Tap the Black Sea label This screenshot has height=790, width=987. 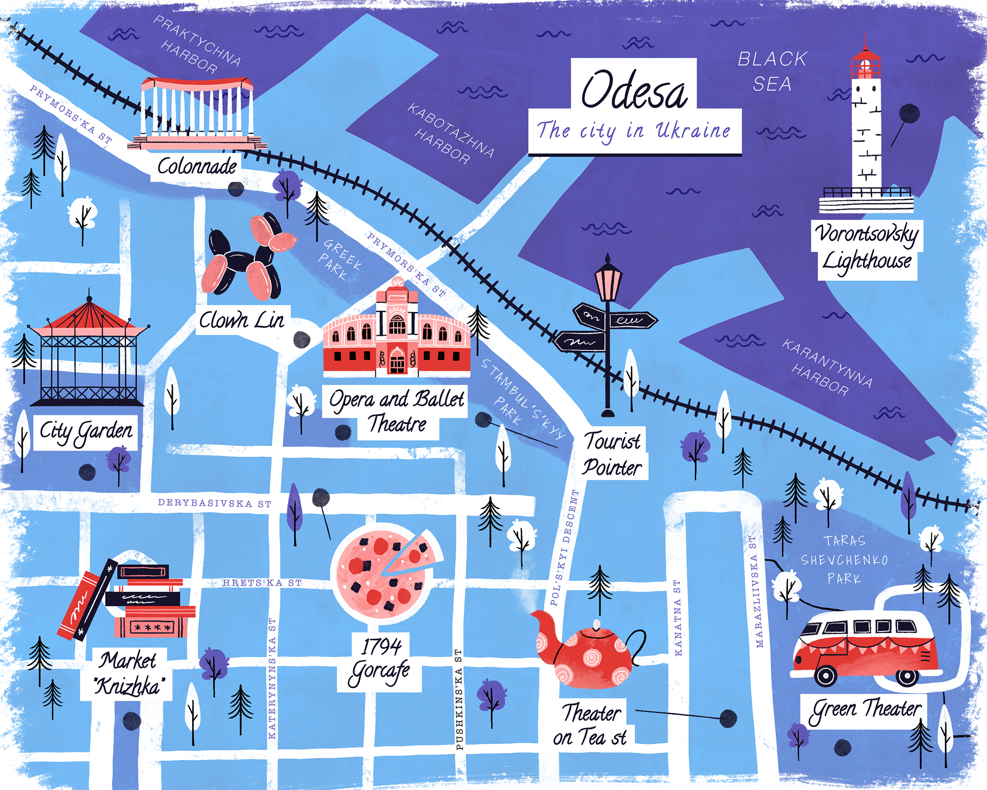pos(772,71)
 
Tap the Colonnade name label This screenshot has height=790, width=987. pos(197,166)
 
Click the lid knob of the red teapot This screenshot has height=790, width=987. pos(596,624)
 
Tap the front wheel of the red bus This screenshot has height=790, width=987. pos(826,675)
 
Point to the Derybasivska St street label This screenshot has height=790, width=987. pos(214,503)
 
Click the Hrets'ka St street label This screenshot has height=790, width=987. pos(262,583)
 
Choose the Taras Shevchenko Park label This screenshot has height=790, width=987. pos(844,560)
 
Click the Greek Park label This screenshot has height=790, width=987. pos(339,260)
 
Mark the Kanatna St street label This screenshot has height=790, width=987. pos(678,618)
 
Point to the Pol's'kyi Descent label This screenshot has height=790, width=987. pos(564,548)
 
